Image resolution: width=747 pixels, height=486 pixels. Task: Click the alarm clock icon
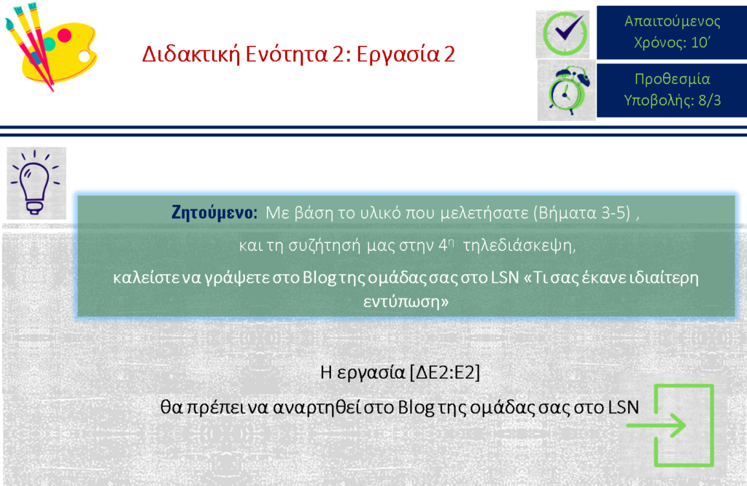point(566,90)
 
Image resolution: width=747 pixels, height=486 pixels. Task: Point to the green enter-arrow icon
point(671,425)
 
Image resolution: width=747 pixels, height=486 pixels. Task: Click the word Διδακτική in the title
point(190,54)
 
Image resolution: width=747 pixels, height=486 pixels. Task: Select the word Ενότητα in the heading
point(287,54)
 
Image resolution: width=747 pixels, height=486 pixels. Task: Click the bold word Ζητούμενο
point(214,212)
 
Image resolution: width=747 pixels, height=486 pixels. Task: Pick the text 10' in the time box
point(700,42)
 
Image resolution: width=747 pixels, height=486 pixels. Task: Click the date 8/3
point(709,101)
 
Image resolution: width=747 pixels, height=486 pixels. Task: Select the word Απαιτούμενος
point(672,21)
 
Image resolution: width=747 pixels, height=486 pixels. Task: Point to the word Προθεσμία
point(672,79)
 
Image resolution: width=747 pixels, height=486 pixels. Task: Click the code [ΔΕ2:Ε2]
point(444,372)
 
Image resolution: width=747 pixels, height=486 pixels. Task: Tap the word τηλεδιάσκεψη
point(519,246)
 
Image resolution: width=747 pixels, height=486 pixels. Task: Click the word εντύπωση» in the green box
point(406,301)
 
